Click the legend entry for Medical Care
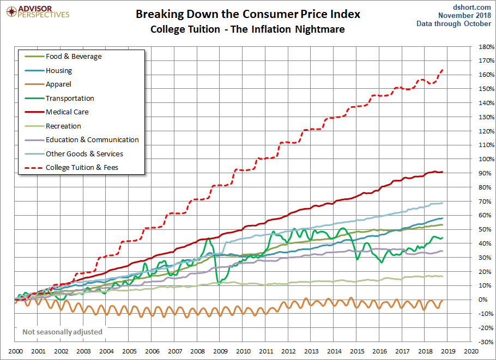tap(67, 112)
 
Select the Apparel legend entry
tap(58, 84)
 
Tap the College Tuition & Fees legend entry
tap(82, 168)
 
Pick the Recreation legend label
tap(64, 126)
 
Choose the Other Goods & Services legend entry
tap(84, 154)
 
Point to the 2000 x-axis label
tap(15, 352)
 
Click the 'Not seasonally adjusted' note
tap(62, 332)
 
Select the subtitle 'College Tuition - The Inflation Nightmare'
tap(247, 29)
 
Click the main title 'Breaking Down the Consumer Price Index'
tap(247, 14)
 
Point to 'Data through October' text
tap(454, 23)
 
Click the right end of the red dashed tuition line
tap(443, 70)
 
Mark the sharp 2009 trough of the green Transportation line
tap(218, 283)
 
